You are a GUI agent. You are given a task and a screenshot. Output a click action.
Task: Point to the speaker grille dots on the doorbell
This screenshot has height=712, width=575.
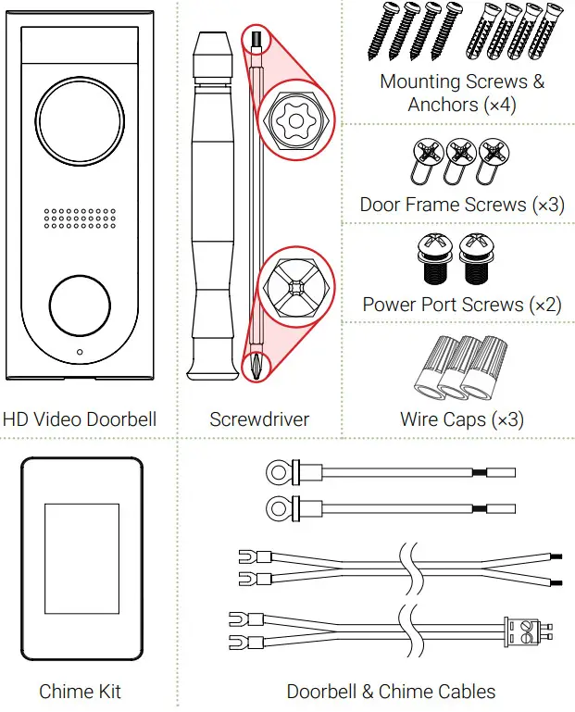pyautogui.click(x=80, y=219)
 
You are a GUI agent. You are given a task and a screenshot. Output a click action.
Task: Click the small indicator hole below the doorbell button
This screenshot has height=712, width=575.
pyautogui.click(x=80, y=353)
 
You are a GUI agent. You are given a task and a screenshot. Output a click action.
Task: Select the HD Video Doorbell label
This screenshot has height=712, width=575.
pyautogui.click(x=80, y=419)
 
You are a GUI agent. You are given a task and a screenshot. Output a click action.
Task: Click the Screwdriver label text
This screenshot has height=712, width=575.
pyautogui.click(x=259, y=419)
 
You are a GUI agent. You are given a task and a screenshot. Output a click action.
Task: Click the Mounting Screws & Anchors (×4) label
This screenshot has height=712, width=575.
pyautogui.click(x=462, y=93)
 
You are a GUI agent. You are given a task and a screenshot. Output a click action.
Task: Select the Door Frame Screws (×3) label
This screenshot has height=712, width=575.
pyautogui.click(x=462, y=205)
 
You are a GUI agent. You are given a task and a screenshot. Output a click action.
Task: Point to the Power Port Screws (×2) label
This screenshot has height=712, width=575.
pyautogui.click(x=462, y=305)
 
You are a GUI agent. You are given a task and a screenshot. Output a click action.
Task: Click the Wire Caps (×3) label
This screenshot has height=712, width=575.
pyautogui.click(x=462, y=419)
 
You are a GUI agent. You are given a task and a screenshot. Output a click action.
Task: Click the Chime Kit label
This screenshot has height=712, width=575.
pyautogui.click(x=80, y=692)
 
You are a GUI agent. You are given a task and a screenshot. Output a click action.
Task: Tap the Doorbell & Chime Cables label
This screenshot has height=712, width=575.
pyautogui.click(x=391, y=692)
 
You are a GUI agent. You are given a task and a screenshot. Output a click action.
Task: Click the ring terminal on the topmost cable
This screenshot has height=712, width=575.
pyautogui.click(x=275, y=473)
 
